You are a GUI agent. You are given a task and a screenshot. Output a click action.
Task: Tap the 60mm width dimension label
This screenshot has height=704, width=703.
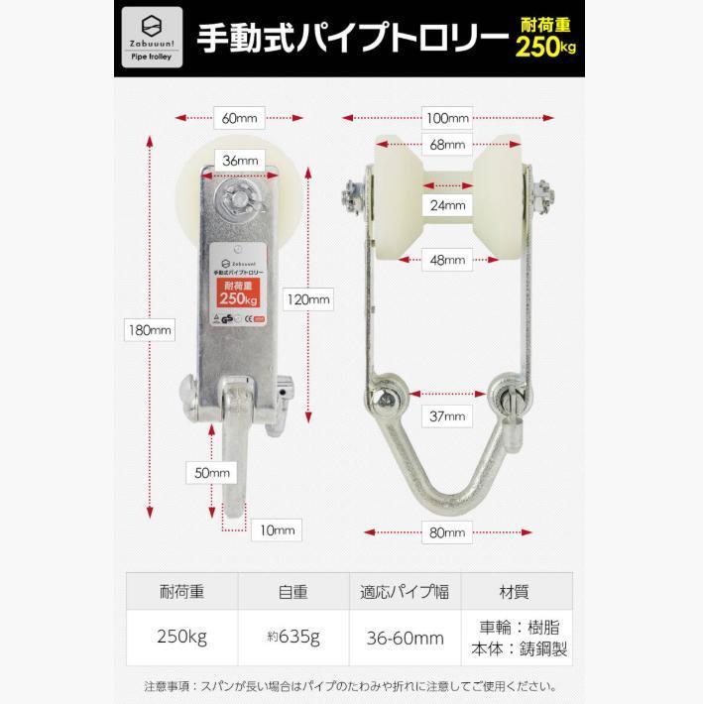pos(239,118)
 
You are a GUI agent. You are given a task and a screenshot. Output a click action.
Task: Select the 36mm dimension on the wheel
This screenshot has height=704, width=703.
pos(241,160)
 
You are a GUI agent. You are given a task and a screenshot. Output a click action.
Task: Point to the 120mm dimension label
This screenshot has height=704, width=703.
pos(311,298)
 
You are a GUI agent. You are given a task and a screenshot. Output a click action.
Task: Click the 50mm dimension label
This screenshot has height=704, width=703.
pos(212,473)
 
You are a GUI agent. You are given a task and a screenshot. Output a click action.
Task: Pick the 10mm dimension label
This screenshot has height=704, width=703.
pos(277,530)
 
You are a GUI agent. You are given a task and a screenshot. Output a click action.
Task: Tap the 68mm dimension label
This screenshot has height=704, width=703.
pos(447,145)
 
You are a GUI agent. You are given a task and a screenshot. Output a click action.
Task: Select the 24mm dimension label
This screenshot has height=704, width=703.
pos(447,205)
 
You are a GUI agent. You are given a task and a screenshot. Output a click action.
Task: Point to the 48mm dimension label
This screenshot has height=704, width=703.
pos(447,261)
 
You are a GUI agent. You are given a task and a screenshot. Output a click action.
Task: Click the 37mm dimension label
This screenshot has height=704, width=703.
pos(447,415)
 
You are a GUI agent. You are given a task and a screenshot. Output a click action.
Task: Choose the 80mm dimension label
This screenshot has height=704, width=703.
pos(447,532)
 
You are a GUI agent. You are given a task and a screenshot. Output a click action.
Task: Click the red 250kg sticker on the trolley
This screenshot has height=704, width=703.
pos(239,292)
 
